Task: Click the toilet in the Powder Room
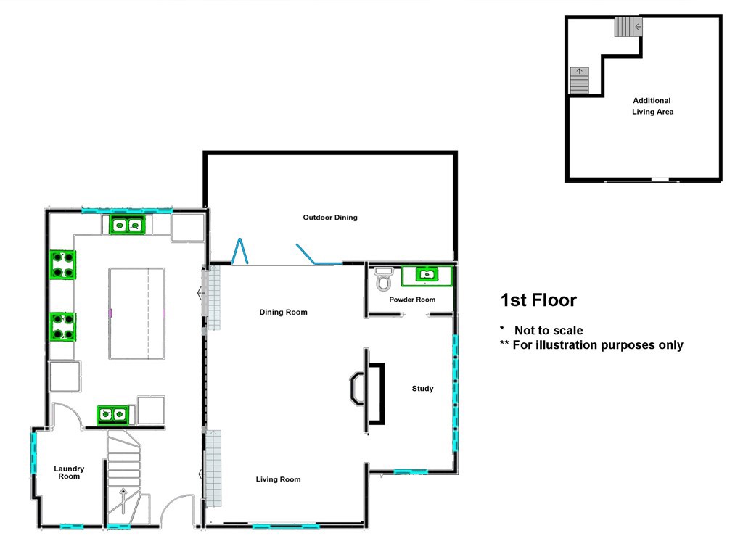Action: pos(384,279)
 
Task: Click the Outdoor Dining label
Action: pos(330,218)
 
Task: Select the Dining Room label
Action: pos(283,313)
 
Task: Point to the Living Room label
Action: pos(278,479)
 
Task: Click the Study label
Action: pos(422,389)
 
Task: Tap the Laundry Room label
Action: pos(69,473)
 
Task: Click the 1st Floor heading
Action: pos(538,300)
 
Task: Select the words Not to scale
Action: pos(549,331)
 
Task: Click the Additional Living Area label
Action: pos(652,107)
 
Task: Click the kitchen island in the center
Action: pos(136,313)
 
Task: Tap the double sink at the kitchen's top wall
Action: pos(128,226)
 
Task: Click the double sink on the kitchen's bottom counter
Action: pos(113,415)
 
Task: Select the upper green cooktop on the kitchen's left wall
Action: pos(62,264)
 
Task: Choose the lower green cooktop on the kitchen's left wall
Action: pos(62,326)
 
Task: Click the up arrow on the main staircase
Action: pos(123,500)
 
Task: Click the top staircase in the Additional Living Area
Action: pos(628,28)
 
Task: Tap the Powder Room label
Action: pos(412,300)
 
